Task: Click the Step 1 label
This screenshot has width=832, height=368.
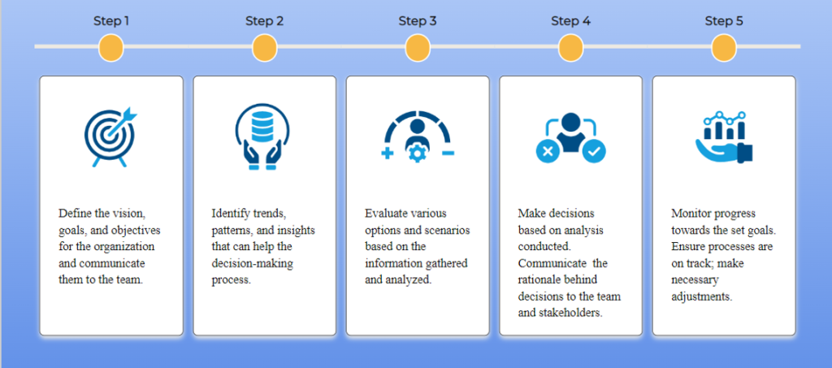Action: tap(111, 21)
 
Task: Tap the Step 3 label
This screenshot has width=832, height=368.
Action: tap(418, 21)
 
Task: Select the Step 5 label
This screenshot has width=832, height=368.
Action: tap(724, 21)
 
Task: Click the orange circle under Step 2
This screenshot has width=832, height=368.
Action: tap(264, 48)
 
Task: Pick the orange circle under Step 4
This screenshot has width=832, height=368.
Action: tap(571, 48)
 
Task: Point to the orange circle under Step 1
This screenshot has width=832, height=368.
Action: tap(111, 48)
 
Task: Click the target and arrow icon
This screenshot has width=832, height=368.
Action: tap(110, 136)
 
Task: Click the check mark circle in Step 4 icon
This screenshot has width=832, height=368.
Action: tap(594, 151)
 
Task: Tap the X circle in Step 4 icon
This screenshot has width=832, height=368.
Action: tap(548, 151)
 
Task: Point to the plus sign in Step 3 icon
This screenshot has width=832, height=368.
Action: tap(388, 154)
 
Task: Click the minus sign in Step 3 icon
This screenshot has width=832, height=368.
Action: tap(448, 154)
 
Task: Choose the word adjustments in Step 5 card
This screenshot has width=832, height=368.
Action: tap(701, 297)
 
